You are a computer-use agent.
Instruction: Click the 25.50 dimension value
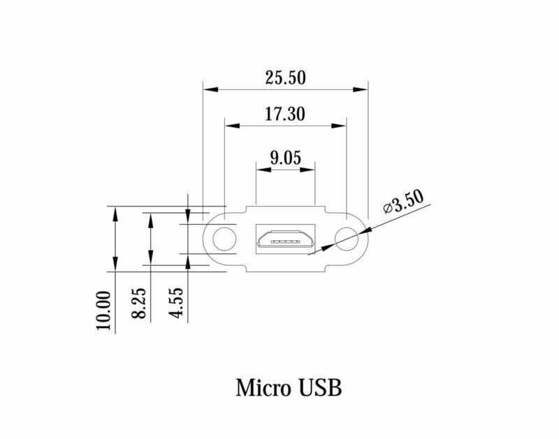pos(285,77)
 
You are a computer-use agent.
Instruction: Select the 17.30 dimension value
pos(285,114)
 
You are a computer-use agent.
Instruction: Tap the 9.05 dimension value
pos(285,158)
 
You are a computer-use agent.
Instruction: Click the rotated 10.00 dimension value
pos(104,311)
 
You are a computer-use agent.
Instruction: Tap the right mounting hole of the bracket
pos(346,239)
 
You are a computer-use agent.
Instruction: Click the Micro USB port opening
pos(285,239)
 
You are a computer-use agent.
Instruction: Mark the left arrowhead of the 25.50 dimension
pos(208,89)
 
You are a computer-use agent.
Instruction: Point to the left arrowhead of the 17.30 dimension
pos(230,126)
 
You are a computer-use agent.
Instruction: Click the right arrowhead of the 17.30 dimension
pos(340,126)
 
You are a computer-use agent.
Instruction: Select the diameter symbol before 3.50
pos(387,208)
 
